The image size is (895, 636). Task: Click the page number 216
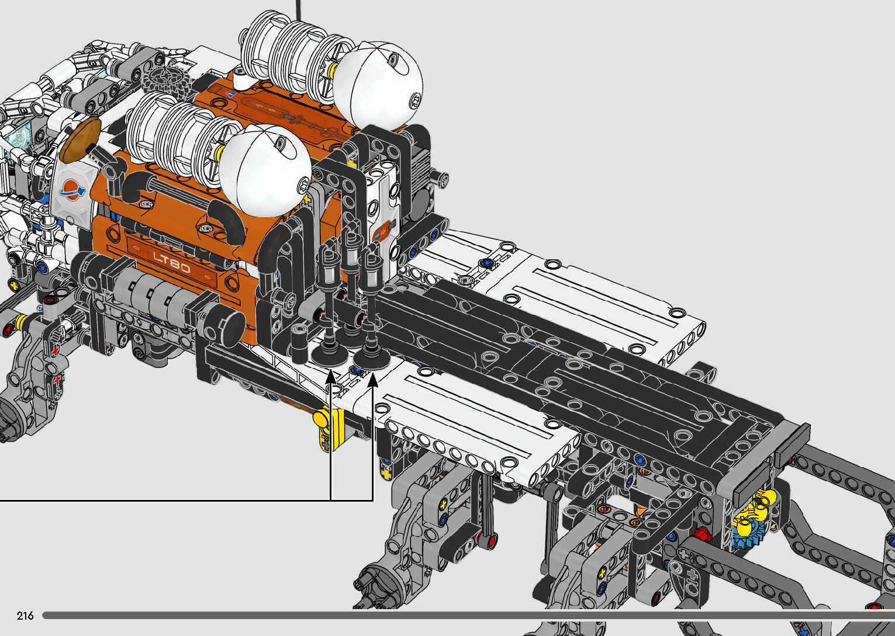pyautogui.click(x=25, y=615)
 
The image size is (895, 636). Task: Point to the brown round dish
pyautogui.click(x=82, y=140)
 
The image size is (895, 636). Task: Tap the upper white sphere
pyautogui.click(x=377, y=85)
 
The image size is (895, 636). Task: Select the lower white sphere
pyautogui.click(x=265, y=171)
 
